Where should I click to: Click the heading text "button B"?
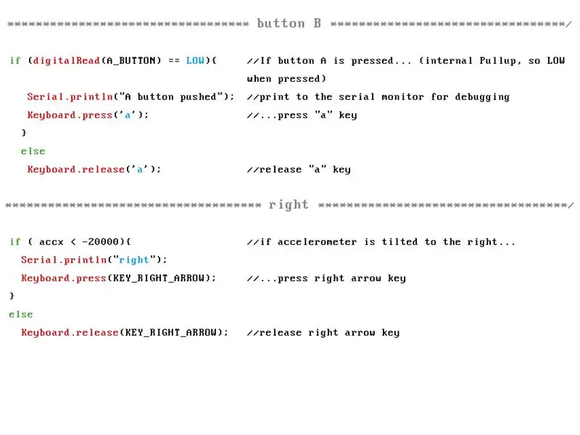click(289, 23)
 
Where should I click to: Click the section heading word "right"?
click(289, 205)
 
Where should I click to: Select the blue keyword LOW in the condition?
click(195, 60)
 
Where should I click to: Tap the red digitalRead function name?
click(67, 61)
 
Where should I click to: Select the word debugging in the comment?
click(482, 97)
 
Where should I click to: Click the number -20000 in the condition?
click(100, 241)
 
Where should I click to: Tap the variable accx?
click(51, 242)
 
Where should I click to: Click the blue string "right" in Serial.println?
click(134, 260)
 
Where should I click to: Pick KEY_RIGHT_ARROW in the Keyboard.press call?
click(159, 278)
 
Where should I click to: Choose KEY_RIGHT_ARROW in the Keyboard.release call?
click(171, 333)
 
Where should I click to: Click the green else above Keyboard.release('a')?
click(33, 152)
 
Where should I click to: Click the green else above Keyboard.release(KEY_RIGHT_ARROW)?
click(21, 315)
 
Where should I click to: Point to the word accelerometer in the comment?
click(317, 242)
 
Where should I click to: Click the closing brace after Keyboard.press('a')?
click(24, 133)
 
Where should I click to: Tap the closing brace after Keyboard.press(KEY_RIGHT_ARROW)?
click(12, 296)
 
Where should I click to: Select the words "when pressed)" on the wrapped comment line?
click(286, 79)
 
